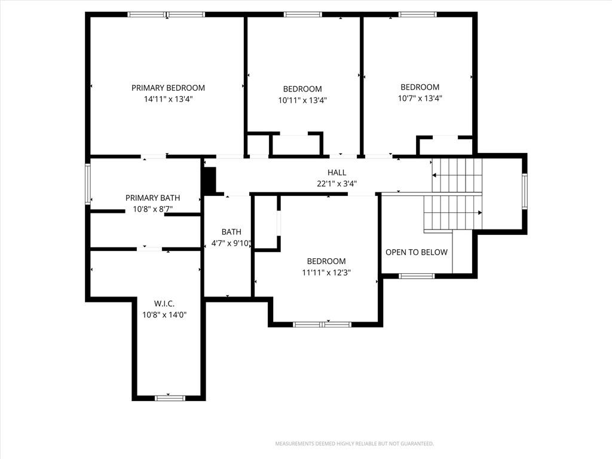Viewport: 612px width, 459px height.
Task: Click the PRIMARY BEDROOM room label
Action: click(168, 88)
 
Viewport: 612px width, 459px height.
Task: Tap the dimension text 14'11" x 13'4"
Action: click(168, 99)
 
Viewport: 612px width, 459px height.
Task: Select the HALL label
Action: click(337, 173)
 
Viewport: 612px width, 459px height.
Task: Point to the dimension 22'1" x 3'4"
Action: click(337, 183)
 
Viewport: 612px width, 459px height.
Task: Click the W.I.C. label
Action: click(164, 304)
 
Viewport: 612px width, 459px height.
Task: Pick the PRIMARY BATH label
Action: click(152, 198)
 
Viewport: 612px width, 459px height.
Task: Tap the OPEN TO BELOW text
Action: click(417, 252)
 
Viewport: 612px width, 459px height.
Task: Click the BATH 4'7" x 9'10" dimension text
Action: click(231, 243)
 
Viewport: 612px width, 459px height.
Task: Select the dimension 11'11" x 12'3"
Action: click(326, 273)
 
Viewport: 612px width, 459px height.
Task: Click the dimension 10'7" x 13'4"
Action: click(420, 99)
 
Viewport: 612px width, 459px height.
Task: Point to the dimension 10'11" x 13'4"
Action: click(302, 100)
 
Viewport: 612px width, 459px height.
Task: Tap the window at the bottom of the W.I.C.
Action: click(170, 398)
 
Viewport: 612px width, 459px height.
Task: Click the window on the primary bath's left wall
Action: click(88, 184)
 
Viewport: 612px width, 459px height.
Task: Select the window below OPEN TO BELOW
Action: click(417, 276)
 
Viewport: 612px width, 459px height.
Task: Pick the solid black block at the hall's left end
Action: click(210, 180)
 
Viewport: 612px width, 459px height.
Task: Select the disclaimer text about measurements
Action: click(354, 443)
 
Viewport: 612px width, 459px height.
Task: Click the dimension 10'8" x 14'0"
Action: click(164, 314)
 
